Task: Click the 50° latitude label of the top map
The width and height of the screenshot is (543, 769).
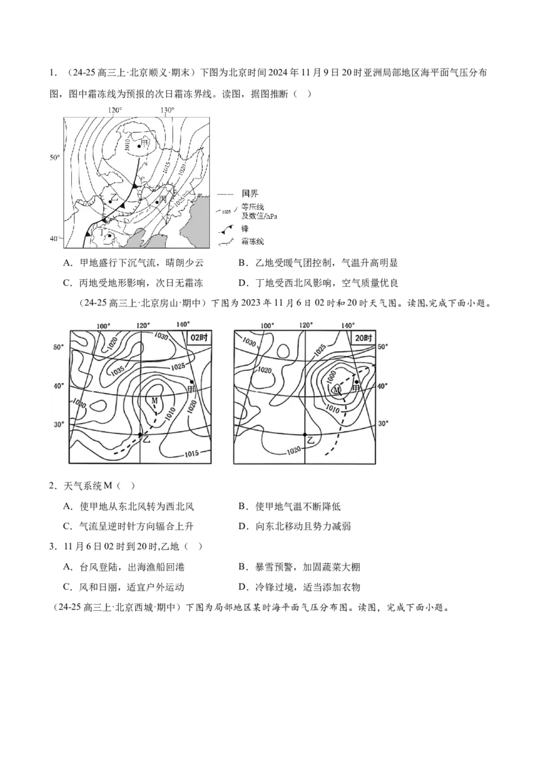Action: click(x=54, y=158)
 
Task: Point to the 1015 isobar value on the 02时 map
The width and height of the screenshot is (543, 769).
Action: click(x=194, y=453)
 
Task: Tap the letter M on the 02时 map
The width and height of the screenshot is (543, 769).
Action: click(x=154, y=401)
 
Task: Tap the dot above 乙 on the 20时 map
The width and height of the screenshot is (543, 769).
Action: click(x=305, y=434)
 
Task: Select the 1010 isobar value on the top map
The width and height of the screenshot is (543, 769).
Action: click(x=129, y=145)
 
